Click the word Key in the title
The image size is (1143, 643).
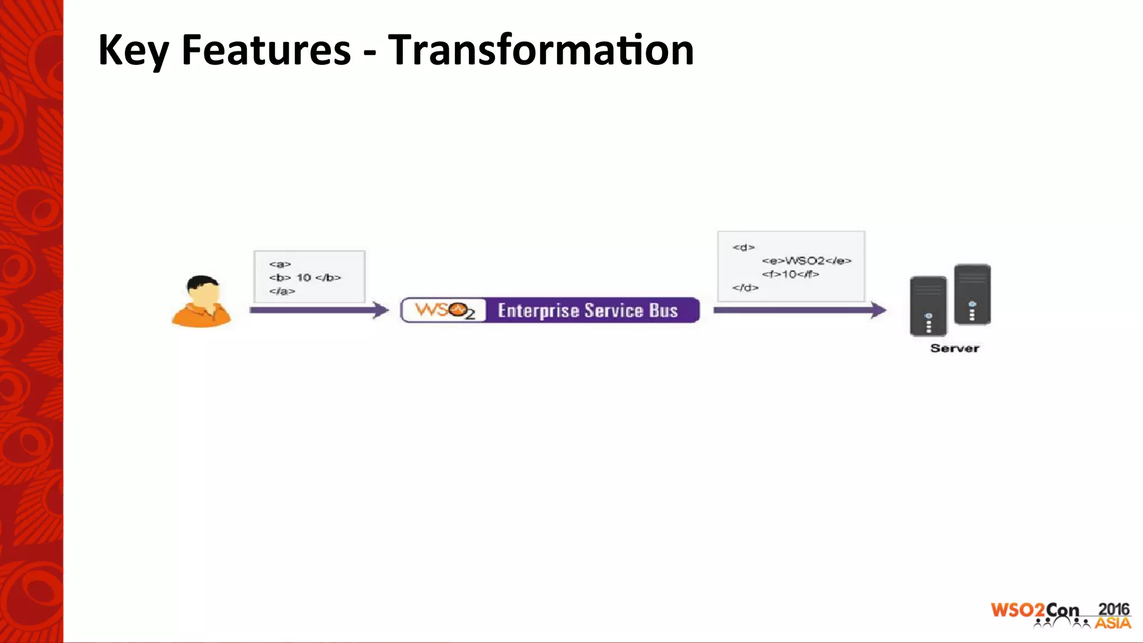pyautogui.click(x=133, y=50)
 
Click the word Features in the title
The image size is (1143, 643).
pyautogui.click(x=266, y=50)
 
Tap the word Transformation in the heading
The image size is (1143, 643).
pyautogui.click(x=540, y=50)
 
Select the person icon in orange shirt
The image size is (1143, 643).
pyautogui.click(x=201, y=301)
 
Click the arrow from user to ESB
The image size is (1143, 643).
pyautogui.click(x=319, y=310)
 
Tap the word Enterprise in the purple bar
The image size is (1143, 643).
pyautogui.click(x=538, y=311)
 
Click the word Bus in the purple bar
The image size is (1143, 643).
pyautogui.click(x=663, y=310)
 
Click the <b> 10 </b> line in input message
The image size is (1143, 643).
pyautogui.click(x=305, y=277)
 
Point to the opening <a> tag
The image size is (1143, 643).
pyautogui.click(x=280, y=264)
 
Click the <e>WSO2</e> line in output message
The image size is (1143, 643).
pyautogui.click(x=806, y=261)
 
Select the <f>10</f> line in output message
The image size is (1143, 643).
pyautogui.click(x=790, y=274)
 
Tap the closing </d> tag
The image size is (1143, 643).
pyautogui.click(x=745, y=288)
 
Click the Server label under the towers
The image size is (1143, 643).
pyautogui.click(x=954, y=348)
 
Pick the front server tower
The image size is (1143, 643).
pyautogui.click(x=928, y=306)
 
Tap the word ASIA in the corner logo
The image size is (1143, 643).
pyautogui.click(x=1112, y=623)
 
